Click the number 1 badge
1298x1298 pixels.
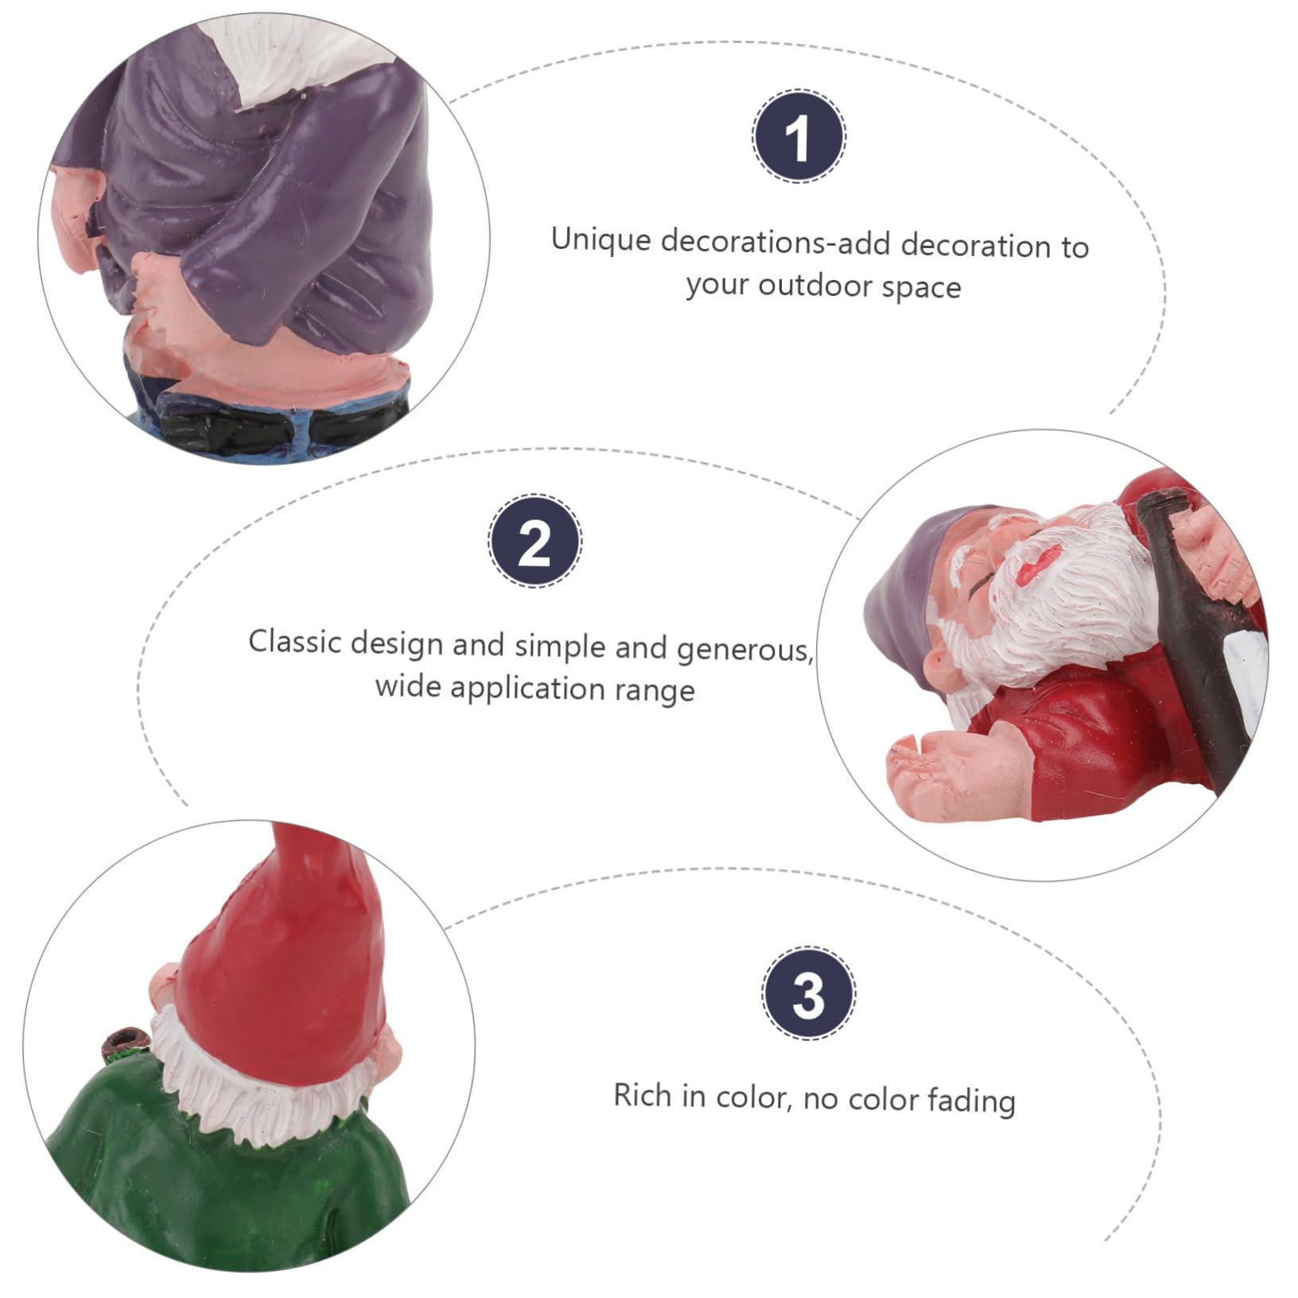coord(799,137)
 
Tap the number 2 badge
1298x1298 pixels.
coord(534,541)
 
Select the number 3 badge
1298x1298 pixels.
coord(809,993)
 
